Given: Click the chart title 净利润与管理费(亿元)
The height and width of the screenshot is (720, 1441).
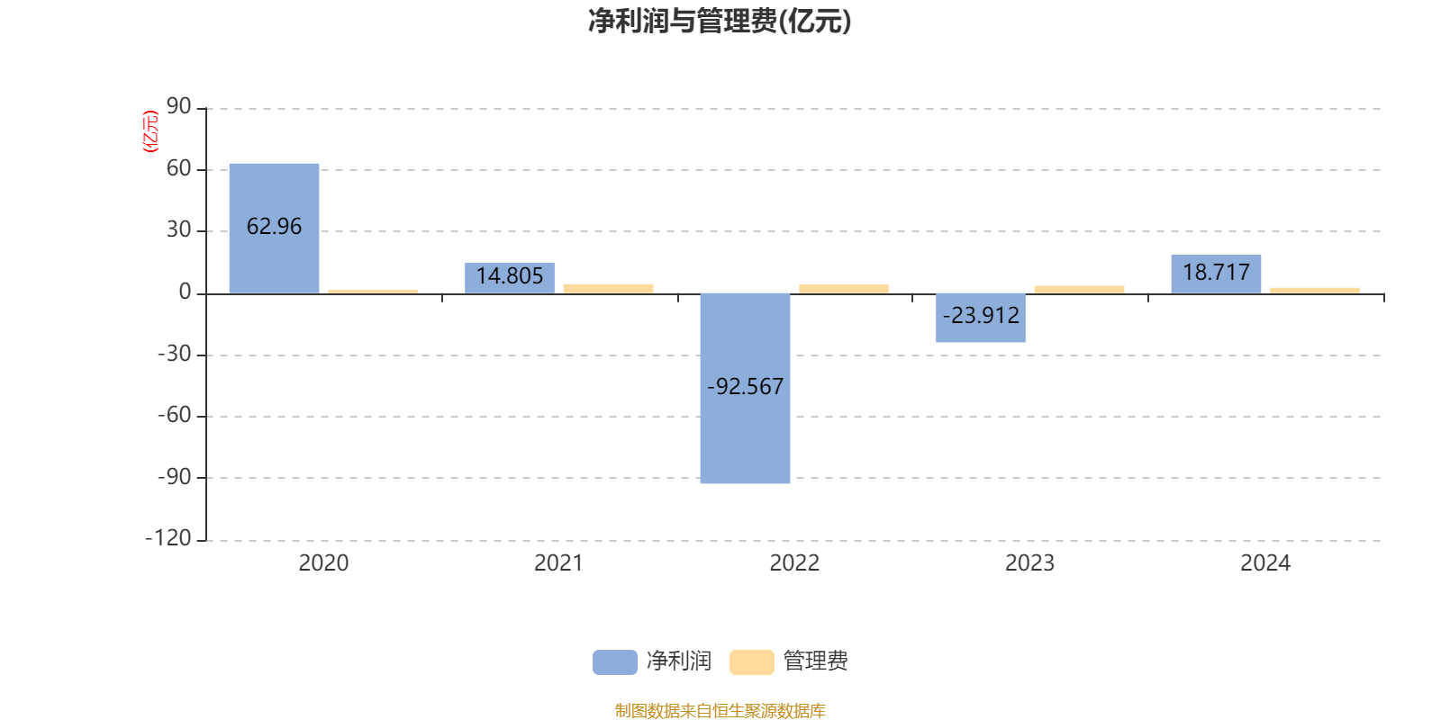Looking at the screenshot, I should pos(719,22).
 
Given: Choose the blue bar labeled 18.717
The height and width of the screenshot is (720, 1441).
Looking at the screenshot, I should pos(1216,274).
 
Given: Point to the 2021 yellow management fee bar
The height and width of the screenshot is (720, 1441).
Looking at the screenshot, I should pos(608,288).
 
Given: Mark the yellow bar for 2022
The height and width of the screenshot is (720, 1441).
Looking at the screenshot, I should pos(844,289).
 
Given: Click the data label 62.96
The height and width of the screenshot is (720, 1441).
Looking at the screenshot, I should pos(274,227).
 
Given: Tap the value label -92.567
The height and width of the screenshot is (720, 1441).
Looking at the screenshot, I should pos(745,387).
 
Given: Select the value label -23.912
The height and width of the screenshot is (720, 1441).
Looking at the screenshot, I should pos(981,316).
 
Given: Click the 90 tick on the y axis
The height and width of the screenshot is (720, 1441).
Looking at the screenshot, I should pos(178,107).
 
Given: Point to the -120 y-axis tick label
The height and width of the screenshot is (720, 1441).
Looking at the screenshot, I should pos(168,538).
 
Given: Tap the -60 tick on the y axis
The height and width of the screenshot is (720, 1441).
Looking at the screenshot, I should pos(174,415).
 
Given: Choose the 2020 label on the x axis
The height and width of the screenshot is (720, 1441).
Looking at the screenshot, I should pos(323,563).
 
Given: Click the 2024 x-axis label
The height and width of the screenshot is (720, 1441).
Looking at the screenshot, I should pos(1265,563).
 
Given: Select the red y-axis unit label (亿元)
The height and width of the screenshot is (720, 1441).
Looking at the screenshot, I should pos(150,131).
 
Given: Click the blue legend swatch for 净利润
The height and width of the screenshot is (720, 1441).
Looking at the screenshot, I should pos(614,661).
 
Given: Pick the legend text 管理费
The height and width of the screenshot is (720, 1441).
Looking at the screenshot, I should pos(815,661).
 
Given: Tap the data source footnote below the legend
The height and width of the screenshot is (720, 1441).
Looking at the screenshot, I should pos(720,711).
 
